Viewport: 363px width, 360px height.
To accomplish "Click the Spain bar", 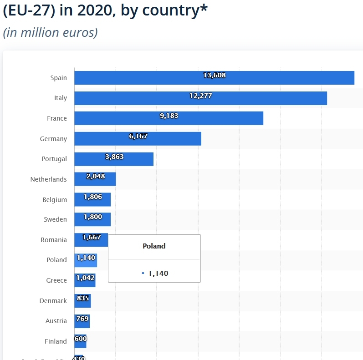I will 214,78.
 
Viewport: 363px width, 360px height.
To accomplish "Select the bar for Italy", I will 200,98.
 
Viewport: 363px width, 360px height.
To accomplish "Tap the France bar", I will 169,118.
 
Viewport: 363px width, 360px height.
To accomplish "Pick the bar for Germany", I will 138,139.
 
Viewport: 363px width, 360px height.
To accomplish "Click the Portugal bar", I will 114,159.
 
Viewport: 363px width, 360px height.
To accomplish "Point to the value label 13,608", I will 215,75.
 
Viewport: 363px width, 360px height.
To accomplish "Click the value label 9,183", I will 169,116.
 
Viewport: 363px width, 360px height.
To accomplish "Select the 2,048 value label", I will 96,176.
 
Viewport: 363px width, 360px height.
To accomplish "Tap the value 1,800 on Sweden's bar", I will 93,217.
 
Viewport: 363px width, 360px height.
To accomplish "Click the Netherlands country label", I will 48,179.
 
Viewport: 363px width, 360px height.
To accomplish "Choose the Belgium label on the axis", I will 55,200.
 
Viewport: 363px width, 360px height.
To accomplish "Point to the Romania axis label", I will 54,240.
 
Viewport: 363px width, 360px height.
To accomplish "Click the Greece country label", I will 56,280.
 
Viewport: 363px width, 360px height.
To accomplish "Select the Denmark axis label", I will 53,301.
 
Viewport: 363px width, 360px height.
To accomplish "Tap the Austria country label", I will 56,321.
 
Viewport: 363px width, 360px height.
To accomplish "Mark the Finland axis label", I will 56,341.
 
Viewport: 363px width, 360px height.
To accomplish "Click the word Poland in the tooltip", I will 154,246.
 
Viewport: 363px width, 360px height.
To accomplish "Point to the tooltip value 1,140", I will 158,273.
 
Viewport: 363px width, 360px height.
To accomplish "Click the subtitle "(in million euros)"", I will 50,33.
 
